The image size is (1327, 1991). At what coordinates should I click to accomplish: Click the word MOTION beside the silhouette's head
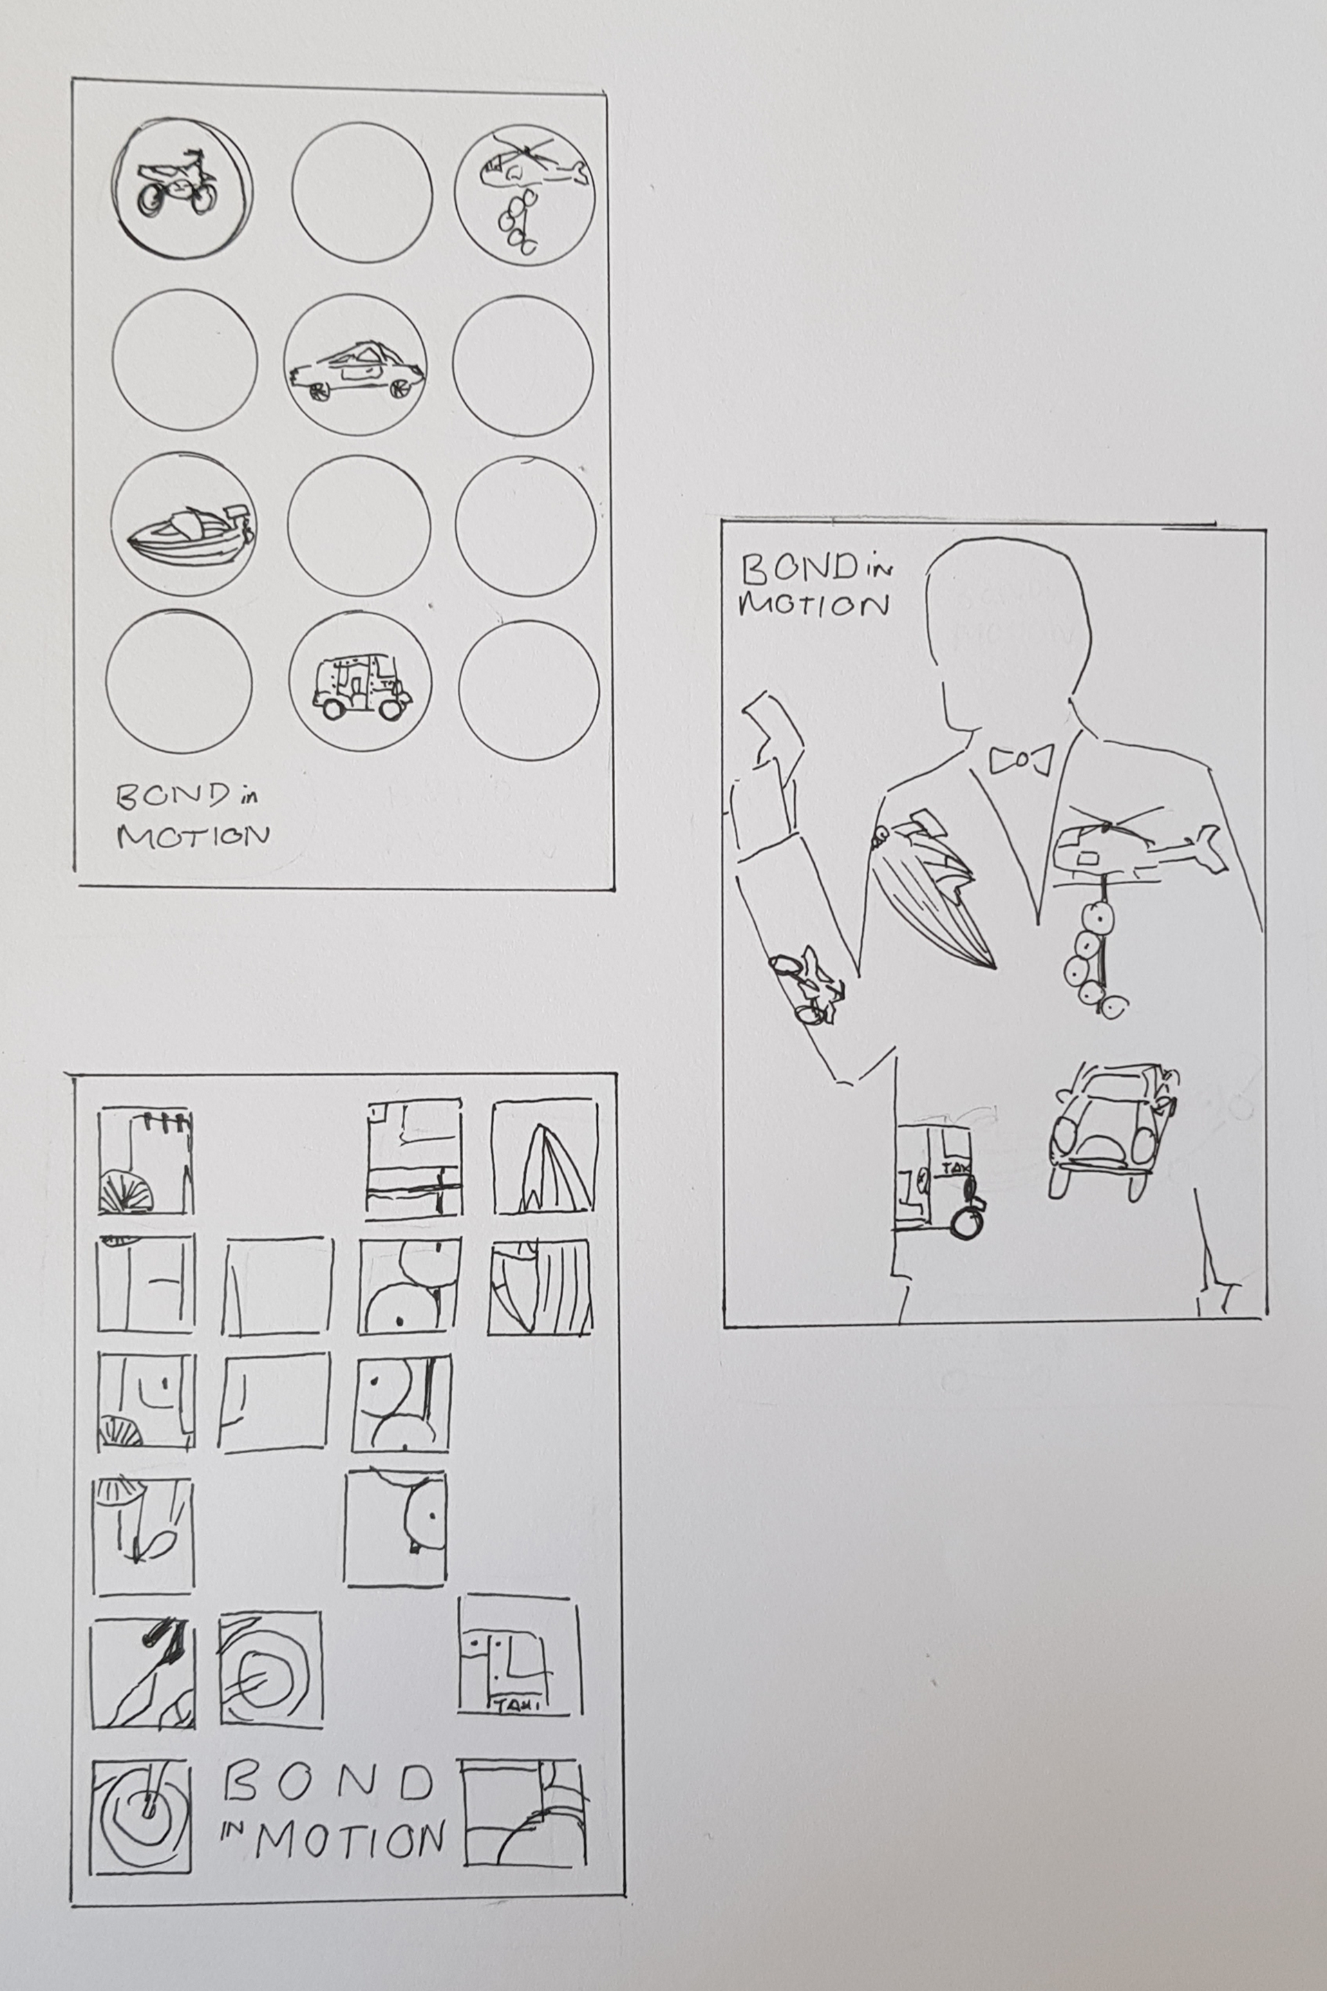click(813, 606)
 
